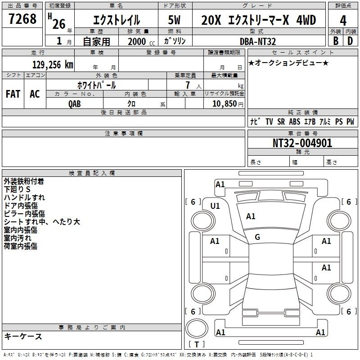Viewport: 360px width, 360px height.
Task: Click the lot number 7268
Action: click(22, 19)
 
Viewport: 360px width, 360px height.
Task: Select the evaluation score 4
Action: click(343, 21)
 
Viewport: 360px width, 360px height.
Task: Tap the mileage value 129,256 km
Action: click(53, 64)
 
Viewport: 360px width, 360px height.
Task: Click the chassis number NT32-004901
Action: click(302, 143)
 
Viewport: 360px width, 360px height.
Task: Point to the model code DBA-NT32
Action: click(257, 41)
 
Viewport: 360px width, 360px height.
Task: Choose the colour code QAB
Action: click(75, 104)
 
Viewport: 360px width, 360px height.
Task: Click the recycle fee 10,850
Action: click(225, 103)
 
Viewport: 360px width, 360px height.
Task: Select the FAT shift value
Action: click(13, 94)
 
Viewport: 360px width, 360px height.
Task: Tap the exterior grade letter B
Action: click(336, 41)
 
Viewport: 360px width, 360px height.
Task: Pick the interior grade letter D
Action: click(350, 41)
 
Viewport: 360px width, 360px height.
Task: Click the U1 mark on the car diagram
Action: click(215, 206)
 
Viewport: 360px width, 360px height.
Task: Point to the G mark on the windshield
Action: click(257, 237)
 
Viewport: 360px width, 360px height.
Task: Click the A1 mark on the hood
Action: click(251, 216)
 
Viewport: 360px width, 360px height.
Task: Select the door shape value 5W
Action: click(174, 20)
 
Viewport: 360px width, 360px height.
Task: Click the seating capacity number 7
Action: click(188, 85)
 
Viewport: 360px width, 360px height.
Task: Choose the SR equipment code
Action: click(281, 121)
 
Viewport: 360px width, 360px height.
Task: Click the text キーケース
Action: click(23, 336)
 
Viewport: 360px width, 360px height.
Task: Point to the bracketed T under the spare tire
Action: click(197, 344)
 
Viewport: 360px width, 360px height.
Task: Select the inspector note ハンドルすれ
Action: click(24, 198)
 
